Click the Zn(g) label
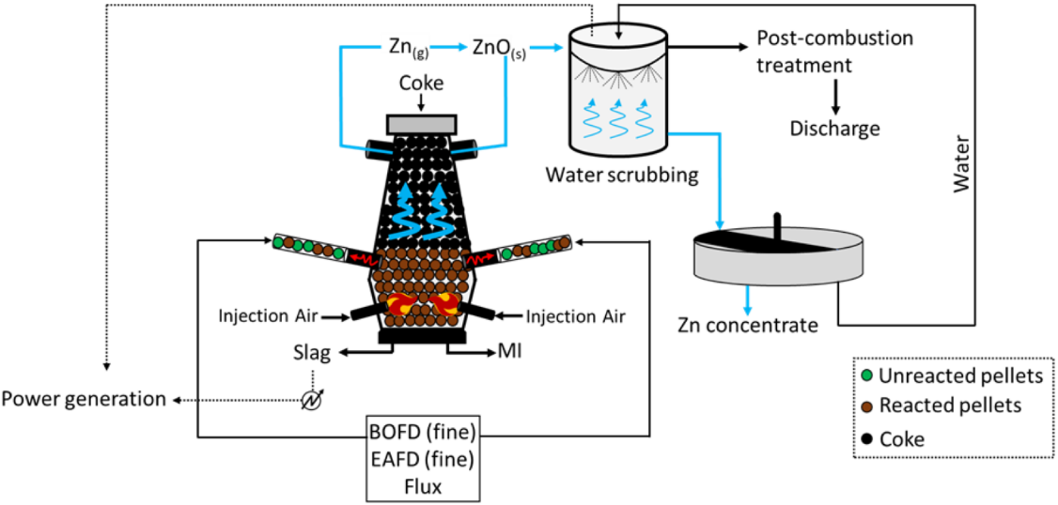point(409,48)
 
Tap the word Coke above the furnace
point(421,84)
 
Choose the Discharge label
point(834,128)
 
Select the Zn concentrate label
point(748,326)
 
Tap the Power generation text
point(84,399)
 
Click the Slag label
point(313,354)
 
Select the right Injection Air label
point(575,315)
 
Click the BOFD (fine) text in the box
point(425,434)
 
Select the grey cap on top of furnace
point(421,123)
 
